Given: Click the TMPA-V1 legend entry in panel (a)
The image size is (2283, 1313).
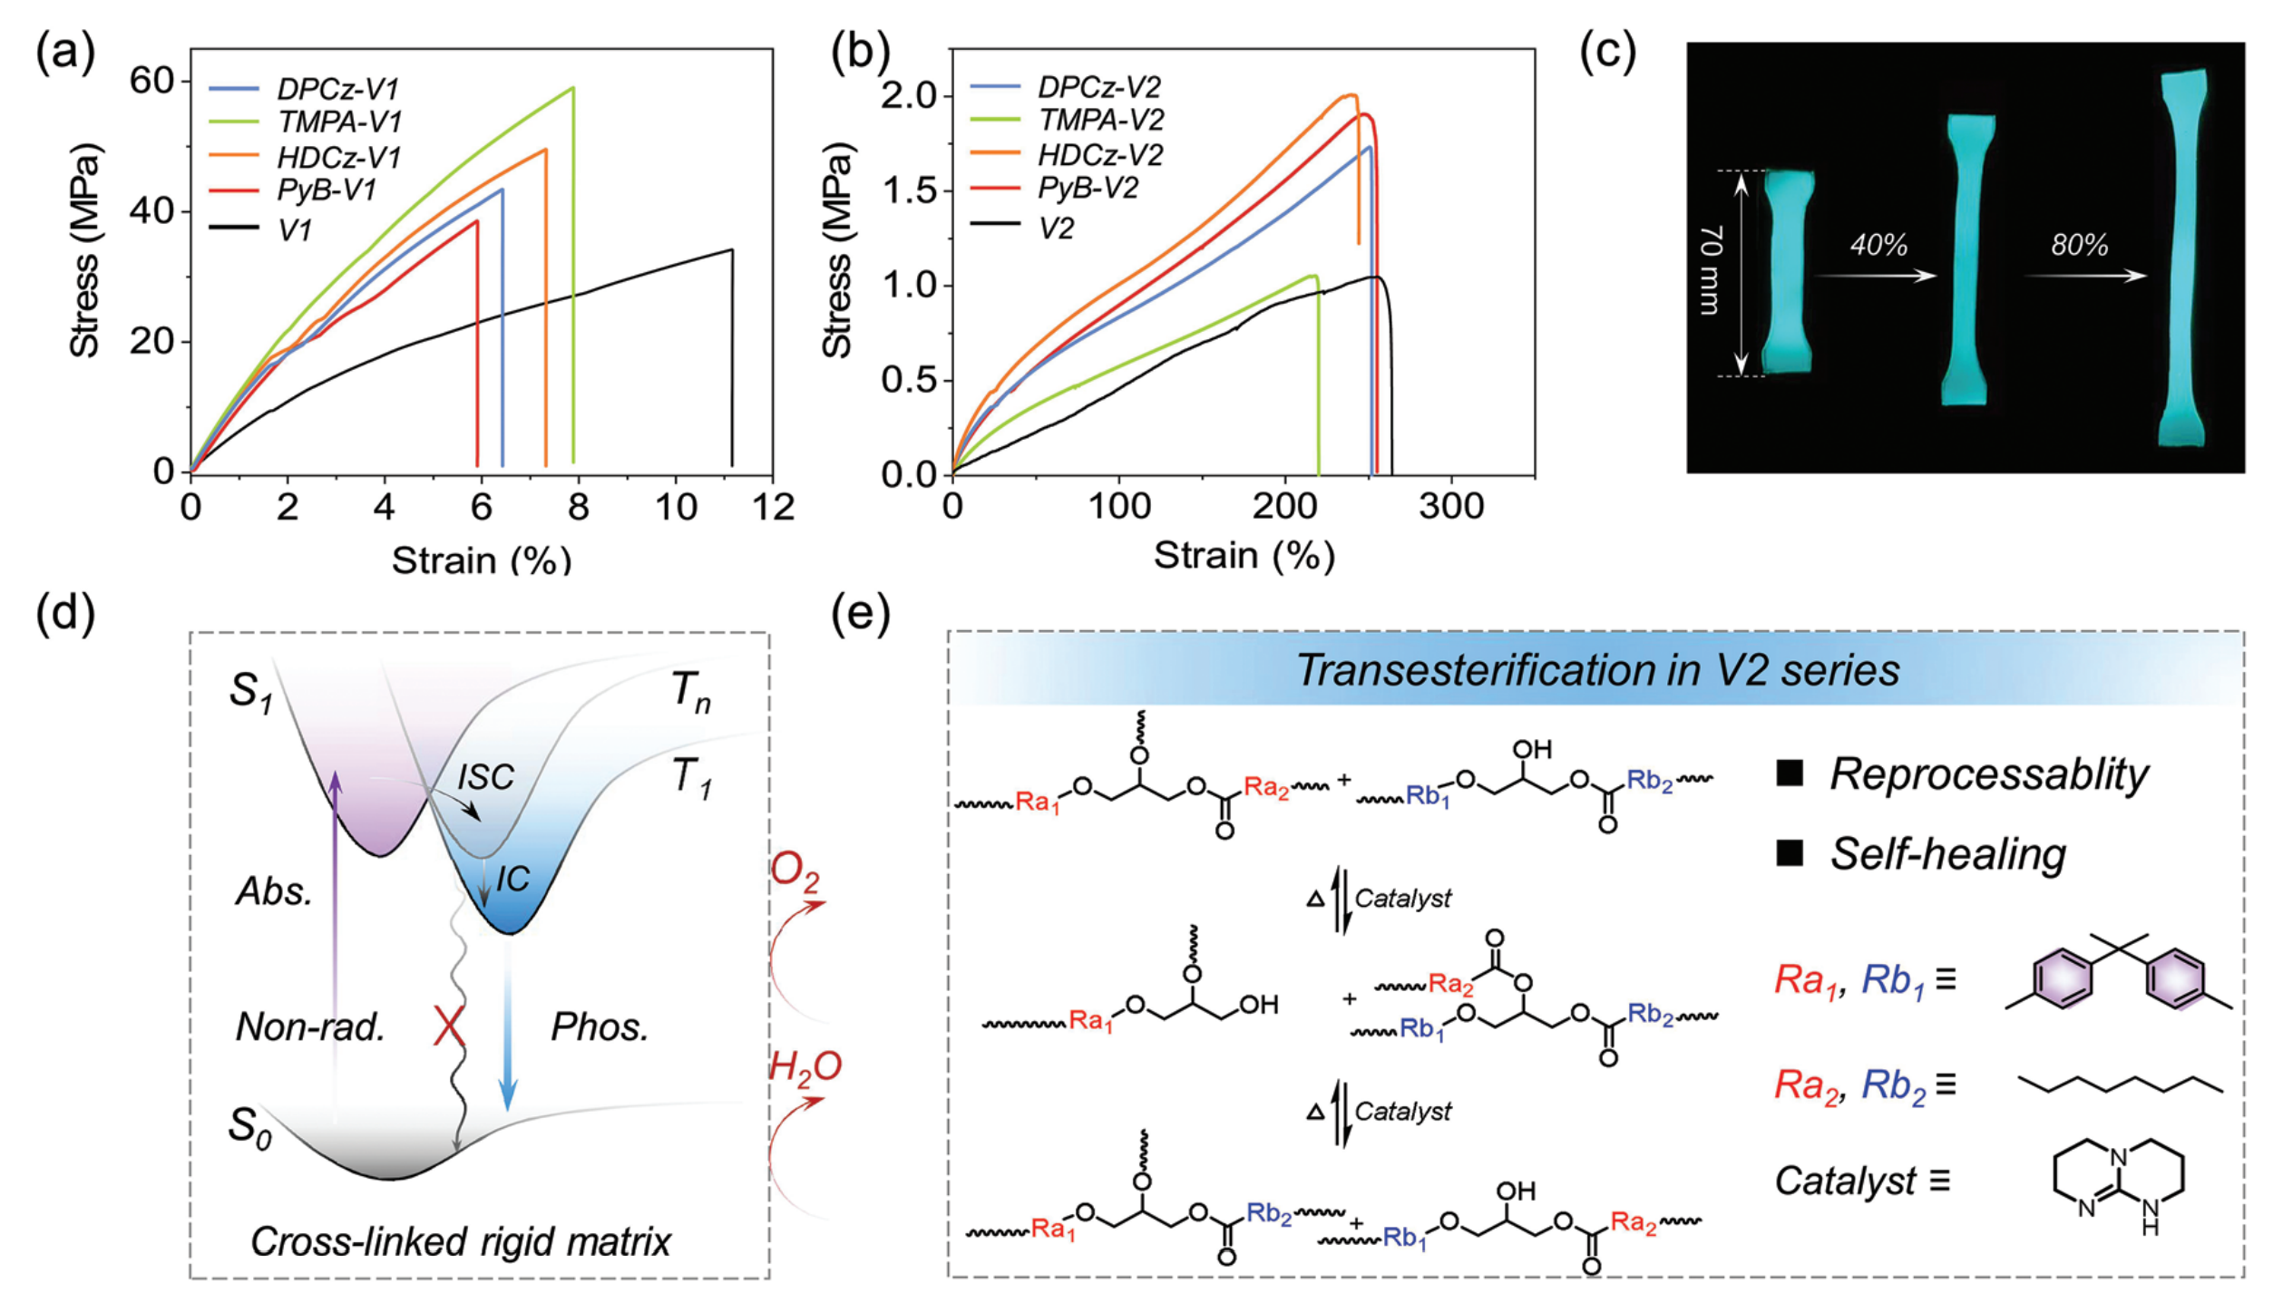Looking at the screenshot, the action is point(306,122).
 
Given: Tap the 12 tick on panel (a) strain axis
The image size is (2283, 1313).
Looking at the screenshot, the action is point(773,506).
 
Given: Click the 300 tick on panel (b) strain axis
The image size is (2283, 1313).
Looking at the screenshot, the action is point(1451,506).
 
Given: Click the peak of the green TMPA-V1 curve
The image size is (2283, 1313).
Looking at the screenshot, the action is point(572,88).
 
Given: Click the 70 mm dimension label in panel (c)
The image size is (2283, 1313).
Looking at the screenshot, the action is point(1709,271).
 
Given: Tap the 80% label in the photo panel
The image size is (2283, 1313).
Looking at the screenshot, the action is point(2079,245).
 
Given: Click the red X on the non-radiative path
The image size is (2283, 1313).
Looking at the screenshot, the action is point(450,1027).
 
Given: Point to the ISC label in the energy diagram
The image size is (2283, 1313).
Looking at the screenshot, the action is point(485,777).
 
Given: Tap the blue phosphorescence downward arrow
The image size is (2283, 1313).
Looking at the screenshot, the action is point(508,1025).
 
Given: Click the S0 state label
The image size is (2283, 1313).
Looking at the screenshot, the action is point(249,1128).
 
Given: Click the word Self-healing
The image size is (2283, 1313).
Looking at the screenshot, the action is point(1947,854).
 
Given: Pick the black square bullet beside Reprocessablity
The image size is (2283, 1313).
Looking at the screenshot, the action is point(1789,773).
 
